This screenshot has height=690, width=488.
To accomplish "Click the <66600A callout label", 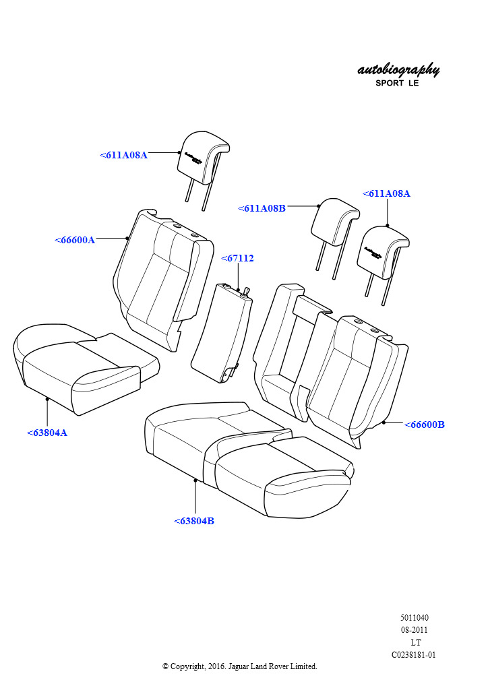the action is click(75, 241).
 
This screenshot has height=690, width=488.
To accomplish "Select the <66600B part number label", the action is click(424, 425).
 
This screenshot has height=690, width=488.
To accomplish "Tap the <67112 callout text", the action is click(238, 258).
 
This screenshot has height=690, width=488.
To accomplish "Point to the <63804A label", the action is click(47, 433).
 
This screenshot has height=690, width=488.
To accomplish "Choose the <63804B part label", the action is click(194, 521).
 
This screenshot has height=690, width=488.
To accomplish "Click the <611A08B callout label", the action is click(262, 209).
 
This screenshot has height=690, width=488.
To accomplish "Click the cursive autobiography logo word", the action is click(398, 70).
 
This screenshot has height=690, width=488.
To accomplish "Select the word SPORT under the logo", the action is click(390, 83).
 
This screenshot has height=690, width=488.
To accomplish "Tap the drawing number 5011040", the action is click(414, 617).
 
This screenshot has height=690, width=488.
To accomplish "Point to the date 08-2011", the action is click(414, 630).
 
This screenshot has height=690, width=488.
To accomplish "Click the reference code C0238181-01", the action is click(414, 655).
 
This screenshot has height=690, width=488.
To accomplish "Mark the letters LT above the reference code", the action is click(415, 642).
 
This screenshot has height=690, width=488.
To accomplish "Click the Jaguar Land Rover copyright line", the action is click(240, 666).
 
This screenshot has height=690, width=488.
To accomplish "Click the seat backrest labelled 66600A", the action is click(163, 280).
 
